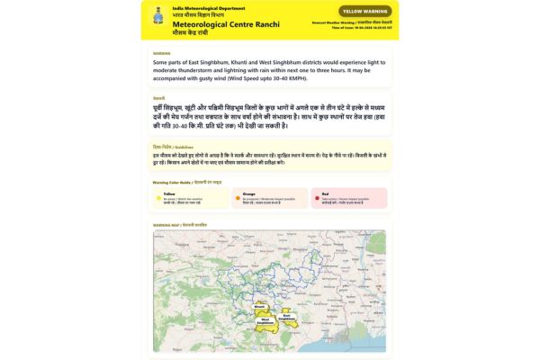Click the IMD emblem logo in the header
click(x=159, y=16)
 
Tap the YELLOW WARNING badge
click(x=364, y=11)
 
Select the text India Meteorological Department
click(x=202, y=7)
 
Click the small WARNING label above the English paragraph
click(x=162, y=53)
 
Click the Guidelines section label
click(x=174, y=145)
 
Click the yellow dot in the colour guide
click(x=158, y=193)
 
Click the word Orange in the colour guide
click(x=249, y=193)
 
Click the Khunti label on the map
click(x=260, y=308)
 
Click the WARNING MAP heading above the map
click(x=180, y=224)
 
